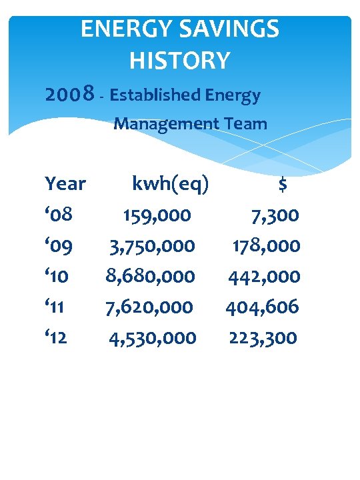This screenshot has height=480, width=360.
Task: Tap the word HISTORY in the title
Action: [x=180, y=61]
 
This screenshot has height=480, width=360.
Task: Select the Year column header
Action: [x=65, y=183]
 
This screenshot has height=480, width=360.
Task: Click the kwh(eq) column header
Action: [x=171, y=184]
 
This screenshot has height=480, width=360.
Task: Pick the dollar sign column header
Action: [x=283, y=185]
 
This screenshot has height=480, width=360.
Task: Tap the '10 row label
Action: [x=59, y=276]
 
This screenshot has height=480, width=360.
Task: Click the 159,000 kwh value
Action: [x=157, y=215]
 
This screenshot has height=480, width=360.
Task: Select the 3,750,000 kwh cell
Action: [x=153, y=246]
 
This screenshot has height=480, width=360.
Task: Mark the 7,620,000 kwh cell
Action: [x=149, y=307]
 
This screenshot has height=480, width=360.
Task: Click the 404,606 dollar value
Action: [x=262, y=307]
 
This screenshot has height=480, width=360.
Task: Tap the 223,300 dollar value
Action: [x=263, y=337]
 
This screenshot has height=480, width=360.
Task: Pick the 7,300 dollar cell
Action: [x=274, y=215]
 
